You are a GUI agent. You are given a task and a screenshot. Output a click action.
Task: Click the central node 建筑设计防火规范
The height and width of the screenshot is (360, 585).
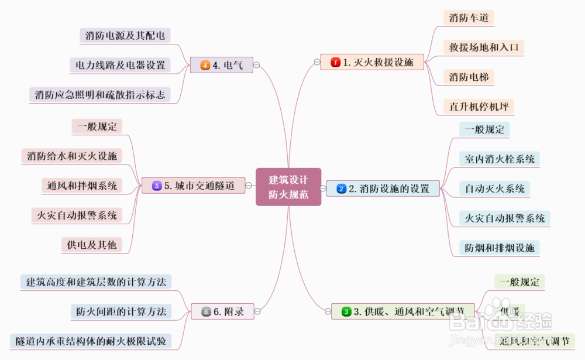(x=288, y=187)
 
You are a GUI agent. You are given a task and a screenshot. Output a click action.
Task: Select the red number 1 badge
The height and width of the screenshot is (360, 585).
(x=335, y=62)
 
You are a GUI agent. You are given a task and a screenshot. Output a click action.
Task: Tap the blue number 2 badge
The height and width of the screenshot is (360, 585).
(x=342, y=188)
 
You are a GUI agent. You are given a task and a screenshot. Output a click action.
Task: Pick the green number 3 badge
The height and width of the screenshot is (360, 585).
(x=346, y=311)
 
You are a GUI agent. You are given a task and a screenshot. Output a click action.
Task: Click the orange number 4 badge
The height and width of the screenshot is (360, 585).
(x=205, y=65)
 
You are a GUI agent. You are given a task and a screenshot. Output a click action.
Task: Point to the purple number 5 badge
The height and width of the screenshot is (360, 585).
(x=156, y=186)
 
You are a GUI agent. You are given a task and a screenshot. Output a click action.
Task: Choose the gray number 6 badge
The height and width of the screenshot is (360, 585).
(x=206, y=311)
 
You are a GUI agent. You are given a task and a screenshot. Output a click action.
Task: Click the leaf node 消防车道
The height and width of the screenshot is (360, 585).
(x=469, y=18)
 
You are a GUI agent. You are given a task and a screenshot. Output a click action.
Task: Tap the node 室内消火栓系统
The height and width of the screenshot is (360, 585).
(x=500, y=159)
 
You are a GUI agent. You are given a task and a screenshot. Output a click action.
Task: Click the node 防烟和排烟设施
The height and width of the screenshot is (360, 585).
(x=500, y=248)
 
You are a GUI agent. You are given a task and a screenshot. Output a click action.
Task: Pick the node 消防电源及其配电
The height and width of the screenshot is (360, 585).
(x=125, y=35)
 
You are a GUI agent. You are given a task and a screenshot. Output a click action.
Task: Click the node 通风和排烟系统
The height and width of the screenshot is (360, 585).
(x=82, y=186)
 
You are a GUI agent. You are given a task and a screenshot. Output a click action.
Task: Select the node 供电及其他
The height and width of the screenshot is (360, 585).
(x=91, y=245)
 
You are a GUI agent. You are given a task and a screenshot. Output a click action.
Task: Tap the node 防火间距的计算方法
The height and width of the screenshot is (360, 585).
(x=121, y=311)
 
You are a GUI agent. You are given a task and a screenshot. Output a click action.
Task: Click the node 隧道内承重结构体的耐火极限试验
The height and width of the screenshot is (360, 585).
(x=91, y=341)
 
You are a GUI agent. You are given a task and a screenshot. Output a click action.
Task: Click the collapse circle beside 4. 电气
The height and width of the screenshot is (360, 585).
(x=257, y=65)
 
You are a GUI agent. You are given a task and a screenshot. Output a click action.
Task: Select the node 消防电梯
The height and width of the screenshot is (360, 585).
(x=469, y=77)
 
